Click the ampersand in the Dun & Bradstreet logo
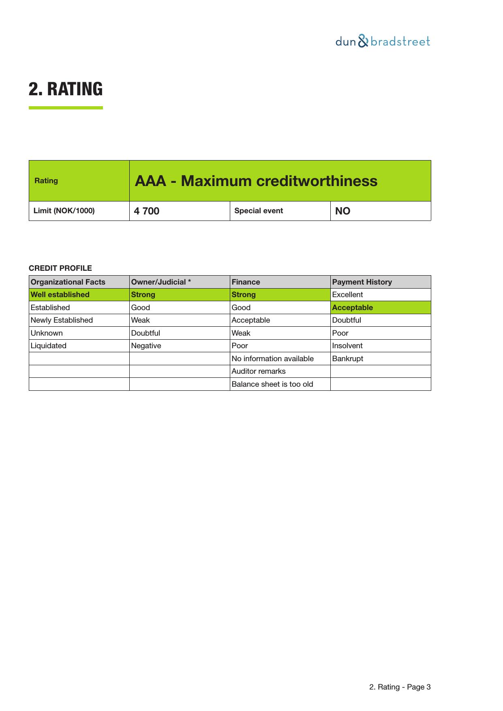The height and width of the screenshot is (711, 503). [363, 41]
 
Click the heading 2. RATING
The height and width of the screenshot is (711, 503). [66, 89]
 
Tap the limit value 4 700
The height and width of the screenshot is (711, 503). [147, 211]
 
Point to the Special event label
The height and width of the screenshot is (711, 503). [259, 211]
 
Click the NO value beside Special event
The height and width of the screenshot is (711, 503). [343, 211]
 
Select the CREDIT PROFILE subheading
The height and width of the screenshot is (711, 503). [60, 268]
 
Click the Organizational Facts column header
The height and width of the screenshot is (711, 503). [68, 282]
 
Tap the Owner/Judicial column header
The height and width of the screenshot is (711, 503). [161, 282]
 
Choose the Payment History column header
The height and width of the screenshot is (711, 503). [362, 282]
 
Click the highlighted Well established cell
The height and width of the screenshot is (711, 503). [60, 295]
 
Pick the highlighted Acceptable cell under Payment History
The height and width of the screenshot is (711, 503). [352, 308]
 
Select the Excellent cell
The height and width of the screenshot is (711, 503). [347, 295]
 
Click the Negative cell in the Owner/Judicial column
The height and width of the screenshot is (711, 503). [146, 346]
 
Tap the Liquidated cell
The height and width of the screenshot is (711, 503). [49, 346]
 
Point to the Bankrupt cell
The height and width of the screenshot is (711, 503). [347, 359]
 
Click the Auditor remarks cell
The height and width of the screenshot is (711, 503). [259, 371]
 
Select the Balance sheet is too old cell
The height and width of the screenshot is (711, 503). [272, 384]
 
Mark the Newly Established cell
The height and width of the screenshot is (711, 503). [62, 320]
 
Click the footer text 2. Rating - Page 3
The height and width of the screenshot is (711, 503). [400, 687]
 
